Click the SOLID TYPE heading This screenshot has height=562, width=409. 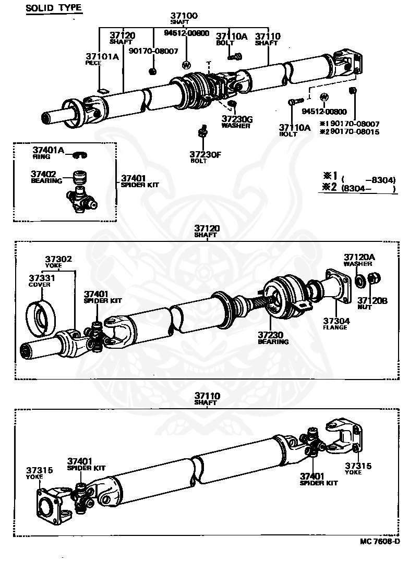pyautogui.click(x=54, y=8)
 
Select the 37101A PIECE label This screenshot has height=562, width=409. pyautogui.click(x=102, y=58)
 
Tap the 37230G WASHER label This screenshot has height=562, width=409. pyautogui.click(x=236, y=122)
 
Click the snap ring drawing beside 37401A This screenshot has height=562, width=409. pyautogui.click(x=80, y=154)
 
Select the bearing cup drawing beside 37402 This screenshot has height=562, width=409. pyautogui.click(x=79, y=177)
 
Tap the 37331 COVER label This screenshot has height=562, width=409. pyautogui.click(x=41, y=281)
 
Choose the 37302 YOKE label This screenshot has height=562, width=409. pyautogui.click(x=58, y=261)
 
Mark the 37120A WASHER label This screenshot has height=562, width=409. pyautogui.click(x=358, y=260)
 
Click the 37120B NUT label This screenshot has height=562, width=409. pyautogui.click(x=372, y=303)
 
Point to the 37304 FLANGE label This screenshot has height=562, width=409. pyautogui.click(x=335, y=324)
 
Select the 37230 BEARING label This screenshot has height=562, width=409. pyautogui.click(x=273, y=338)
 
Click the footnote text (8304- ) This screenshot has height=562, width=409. pyautogui.click(x=368, y=189)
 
